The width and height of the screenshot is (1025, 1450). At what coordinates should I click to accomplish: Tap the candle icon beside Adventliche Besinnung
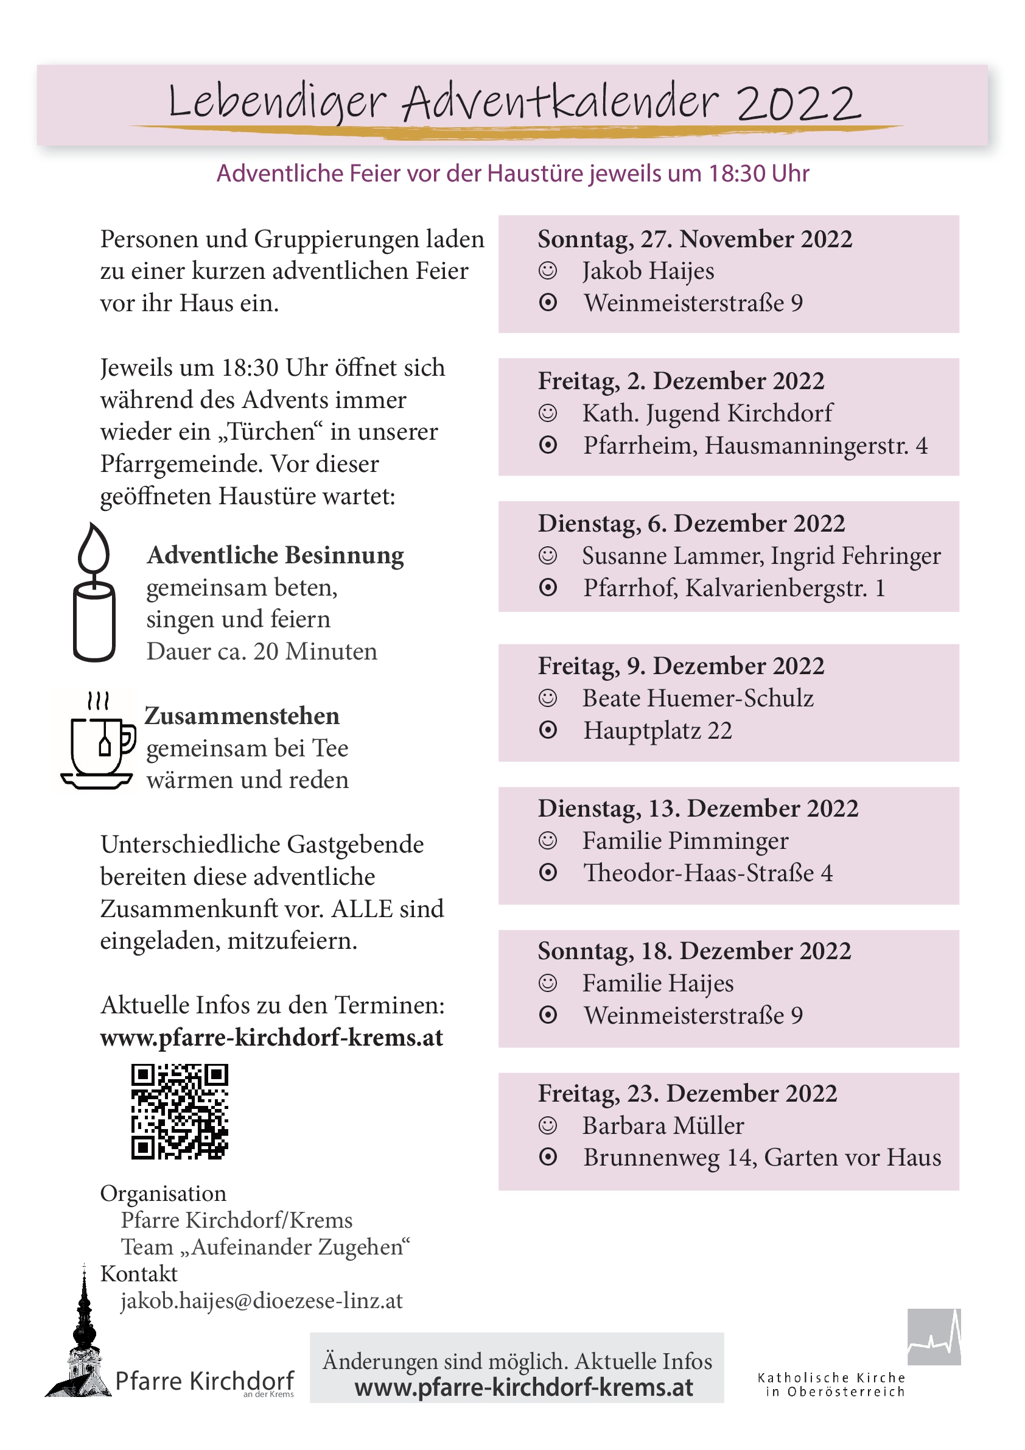[94, 593]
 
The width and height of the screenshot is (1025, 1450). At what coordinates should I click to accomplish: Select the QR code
[179, 1111]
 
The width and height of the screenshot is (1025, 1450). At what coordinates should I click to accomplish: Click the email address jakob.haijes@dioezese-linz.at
[261, 1300]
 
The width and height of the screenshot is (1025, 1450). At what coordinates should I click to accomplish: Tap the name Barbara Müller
[663, 1125]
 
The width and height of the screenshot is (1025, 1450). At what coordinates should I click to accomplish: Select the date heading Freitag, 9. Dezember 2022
[680, 666]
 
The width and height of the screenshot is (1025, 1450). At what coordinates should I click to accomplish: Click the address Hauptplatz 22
[657, 730]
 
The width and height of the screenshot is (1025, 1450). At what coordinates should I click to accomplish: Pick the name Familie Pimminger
[685, 840]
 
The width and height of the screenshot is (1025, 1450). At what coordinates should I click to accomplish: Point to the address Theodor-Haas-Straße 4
[707, 873]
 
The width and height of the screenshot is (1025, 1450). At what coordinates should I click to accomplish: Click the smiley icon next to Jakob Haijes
[547, 271]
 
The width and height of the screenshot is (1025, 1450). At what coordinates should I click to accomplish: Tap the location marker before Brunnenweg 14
[548, 1158]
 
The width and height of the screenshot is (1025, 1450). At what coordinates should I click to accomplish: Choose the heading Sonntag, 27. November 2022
[694, 239]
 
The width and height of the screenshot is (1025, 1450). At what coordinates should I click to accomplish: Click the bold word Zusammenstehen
[242, 716]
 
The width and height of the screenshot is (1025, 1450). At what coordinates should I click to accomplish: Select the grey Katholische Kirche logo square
[934, 1336]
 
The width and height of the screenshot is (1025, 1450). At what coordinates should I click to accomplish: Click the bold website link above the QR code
[271, 1038]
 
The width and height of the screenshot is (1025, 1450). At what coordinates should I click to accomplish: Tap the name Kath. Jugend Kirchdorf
[707, 413]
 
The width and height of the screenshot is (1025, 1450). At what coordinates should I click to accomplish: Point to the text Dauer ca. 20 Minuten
[261, 651]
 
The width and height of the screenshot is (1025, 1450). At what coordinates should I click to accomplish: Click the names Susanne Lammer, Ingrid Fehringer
[761, 556]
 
